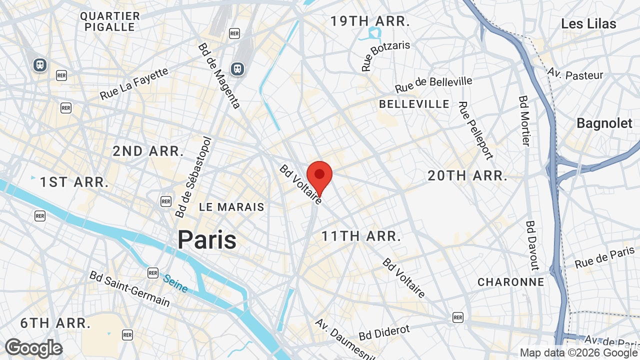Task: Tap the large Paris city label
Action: tap(207, 239)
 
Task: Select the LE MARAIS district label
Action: tap(231, 207)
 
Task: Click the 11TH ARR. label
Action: tap(361, 236)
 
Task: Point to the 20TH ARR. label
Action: tap(467, 176)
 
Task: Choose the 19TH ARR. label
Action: tap(370, 21)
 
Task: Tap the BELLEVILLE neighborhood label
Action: tap(414, 104)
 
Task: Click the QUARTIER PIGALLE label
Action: tap(110, 21)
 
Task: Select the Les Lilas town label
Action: tap(588, 23)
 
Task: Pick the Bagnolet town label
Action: tap(604, 123)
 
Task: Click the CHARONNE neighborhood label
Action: tap(510, 282)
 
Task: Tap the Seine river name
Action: tap(175, 283)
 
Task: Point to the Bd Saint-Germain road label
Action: tap(129, 289)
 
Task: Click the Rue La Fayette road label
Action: tap(134, 83)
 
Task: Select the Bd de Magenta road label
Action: tap(219, 75)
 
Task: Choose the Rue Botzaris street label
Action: tap(385, 55)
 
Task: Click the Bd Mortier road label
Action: tap(523, 121)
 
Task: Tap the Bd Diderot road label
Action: tap(384, 332)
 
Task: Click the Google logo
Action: tap(33, 348)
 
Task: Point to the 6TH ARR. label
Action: tap(55, 323)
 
